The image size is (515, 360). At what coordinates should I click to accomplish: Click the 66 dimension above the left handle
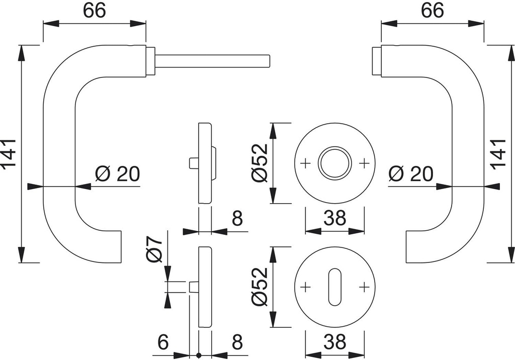pyautogui.click(x=94, y=11)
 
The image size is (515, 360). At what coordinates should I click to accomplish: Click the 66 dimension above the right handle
pyautogui.click(x=432, y=11)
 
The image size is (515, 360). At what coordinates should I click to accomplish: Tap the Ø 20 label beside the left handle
pyautogui.click(x=117, y=174)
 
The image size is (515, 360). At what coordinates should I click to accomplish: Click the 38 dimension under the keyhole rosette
pyautogui.click(x=334, y=342)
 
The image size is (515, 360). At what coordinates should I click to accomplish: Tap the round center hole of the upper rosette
pyautogui.click(x=334, y=163)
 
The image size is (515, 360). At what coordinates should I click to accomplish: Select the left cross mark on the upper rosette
pyautogui.click(x=304, y=163)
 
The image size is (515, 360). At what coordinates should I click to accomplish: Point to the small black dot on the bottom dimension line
pyautogui.click(x=199, y=356)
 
